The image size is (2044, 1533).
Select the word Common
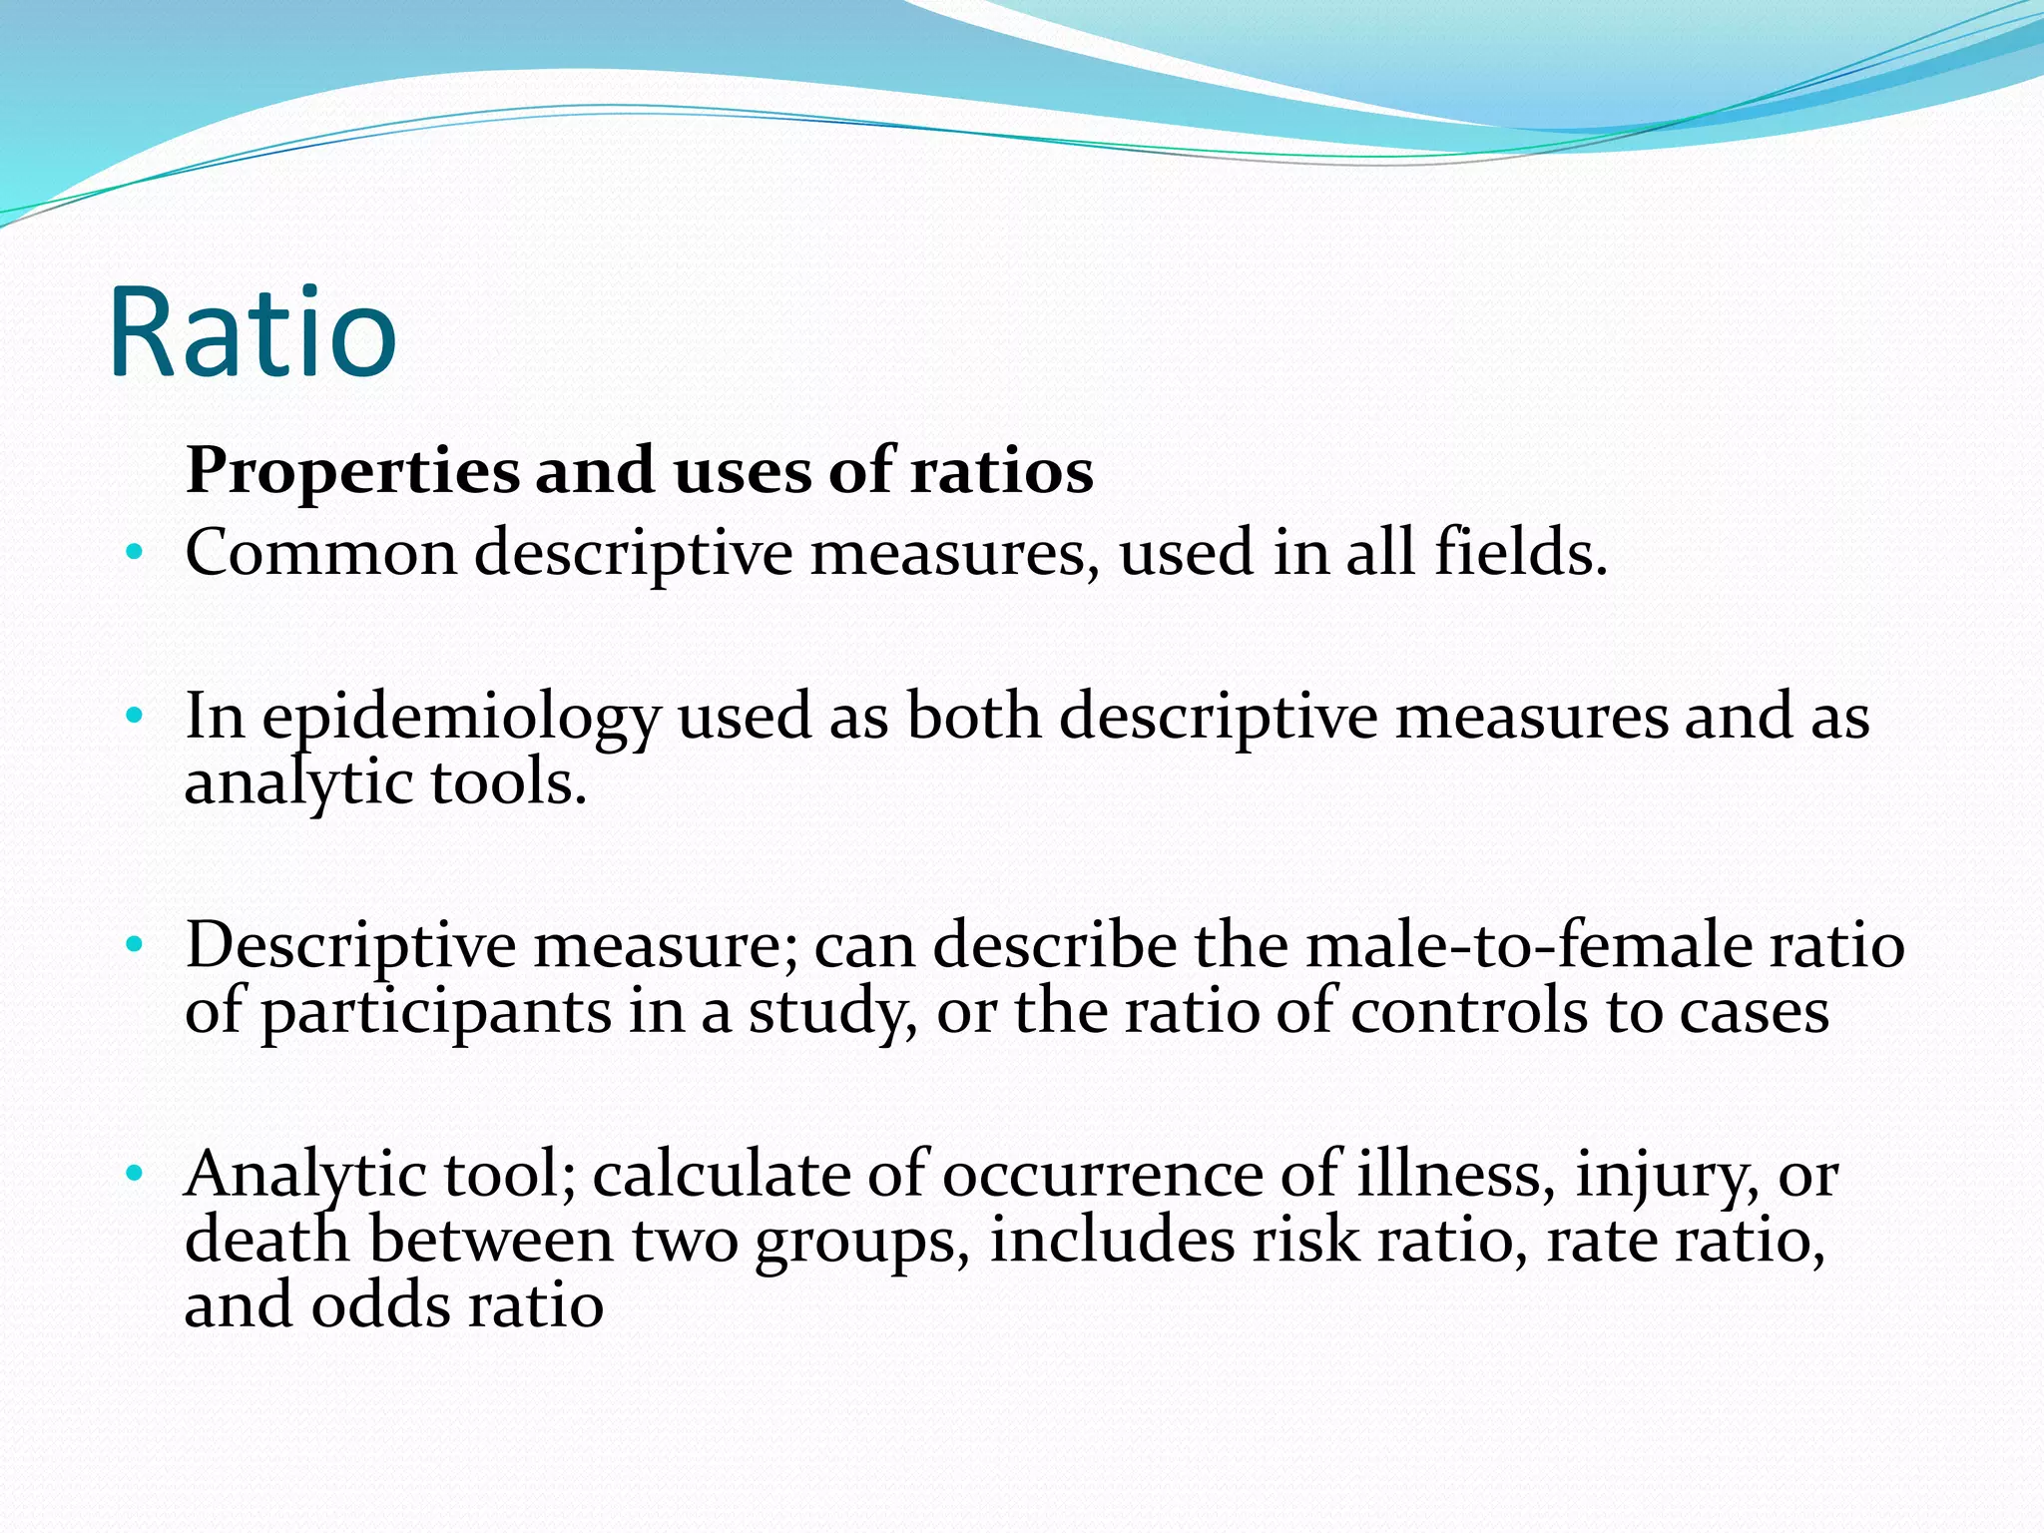320,553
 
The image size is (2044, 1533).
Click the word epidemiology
461,719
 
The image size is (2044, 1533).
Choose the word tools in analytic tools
508,782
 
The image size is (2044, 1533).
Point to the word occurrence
1102,1175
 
